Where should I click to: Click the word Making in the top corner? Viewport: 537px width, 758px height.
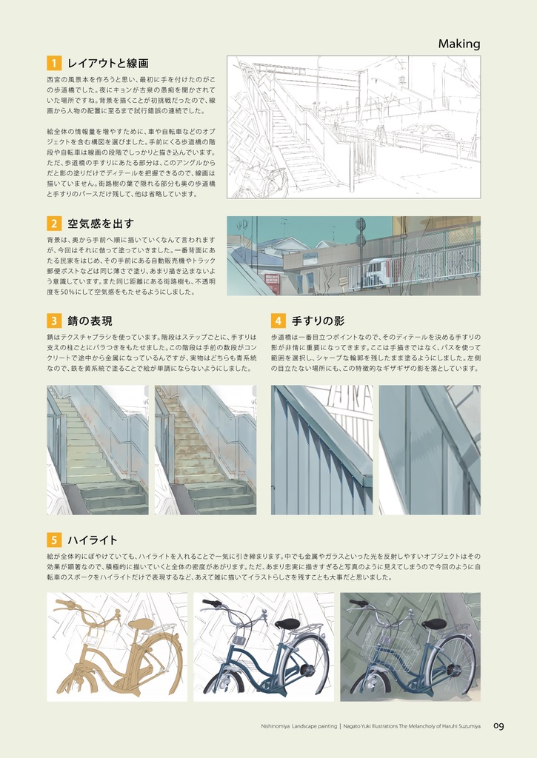(458, 44)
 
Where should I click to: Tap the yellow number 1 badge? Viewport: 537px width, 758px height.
(53, 64)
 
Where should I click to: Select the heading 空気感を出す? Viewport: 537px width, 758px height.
(100, 224)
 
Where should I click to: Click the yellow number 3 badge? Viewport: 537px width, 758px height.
(53, 321)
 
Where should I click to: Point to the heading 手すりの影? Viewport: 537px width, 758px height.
(318, 321)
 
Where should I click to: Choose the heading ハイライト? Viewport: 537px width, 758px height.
(93, 540)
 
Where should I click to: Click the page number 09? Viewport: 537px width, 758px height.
(498, 726)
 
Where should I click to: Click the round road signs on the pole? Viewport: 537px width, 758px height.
(360, 231)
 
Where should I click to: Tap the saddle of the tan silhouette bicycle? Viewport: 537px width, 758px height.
(140, 624)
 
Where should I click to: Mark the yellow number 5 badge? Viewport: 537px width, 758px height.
(53, 540)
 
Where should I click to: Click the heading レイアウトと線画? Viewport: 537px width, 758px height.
(108, 64)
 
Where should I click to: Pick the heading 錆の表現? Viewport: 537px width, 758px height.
(90, 321)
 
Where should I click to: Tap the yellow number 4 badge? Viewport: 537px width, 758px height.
(278, 321)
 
